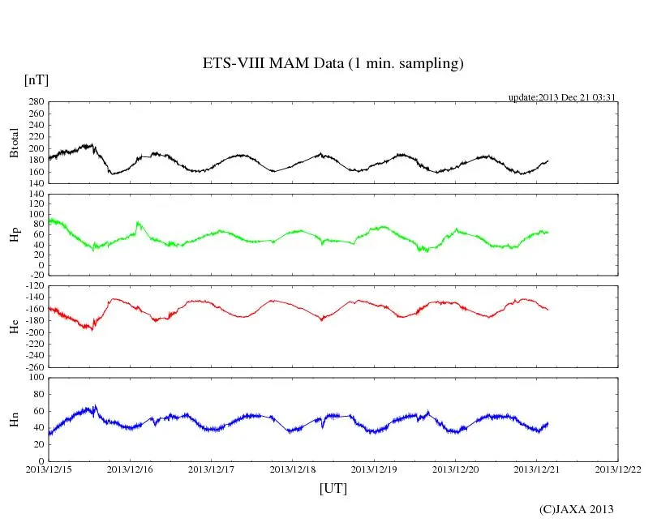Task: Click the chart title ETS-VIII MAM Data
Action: pos(333,64)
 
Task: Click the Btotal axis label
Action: pos(14,143)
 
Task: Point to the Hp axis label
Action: pos(14,235)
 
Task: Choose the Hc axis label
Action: pos(14,326)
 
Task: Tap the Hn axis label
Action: pos(14,419)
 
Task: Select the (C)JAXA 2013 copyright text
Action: pos(577,509)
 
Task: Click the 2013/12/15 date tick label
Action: pos(49,469)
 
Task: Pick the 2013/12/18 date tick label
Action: pos(293,469)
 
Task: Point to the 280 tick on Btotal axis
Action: pos(35,102)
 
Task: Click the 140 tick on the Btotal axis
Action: pos(35,183)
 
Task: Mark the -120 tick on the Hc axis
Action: pos(33,287)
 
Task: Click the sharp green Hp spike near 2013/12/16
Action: pos(137,222)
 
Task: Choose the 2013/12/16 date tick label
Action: pos(130,469)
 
